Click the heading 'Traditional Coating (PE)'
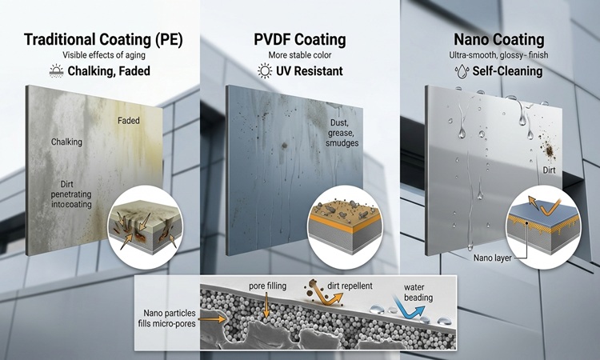[x=103, y=40]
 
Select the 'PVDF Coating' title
[x=300, y=39]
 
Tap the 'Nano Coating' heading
[x=499, y=39]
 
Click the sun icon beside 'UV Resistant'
[x=265, y=71]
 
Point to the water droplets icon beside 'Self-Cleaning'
[x=462, y=71]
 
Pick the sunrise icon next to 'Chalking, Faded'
[x=57, y=71]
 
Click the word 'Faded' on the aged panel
[x=129, y=121]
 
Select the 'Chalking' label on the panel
[x=66, y=142]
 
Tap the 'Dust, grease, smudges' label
[x=342, y=133]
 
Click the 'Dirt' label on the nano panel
[x=549, y=170]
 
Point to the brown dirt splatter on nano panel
[x=549, y=150]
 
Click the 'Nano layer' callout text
[x=493, y=258]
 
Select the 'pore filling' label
[x=267, y=286]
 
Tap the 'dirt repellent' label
[x=350, y=286]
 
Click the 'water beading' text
[x=418, y=292]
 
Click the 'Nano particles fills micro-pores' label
[x=167, y=318]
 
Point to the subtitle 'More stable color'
[x=300, y=55]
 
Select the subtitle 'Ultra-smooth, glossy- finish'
[x=498, y=55]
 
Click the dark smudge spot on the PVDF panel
[x=284, y=146]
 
